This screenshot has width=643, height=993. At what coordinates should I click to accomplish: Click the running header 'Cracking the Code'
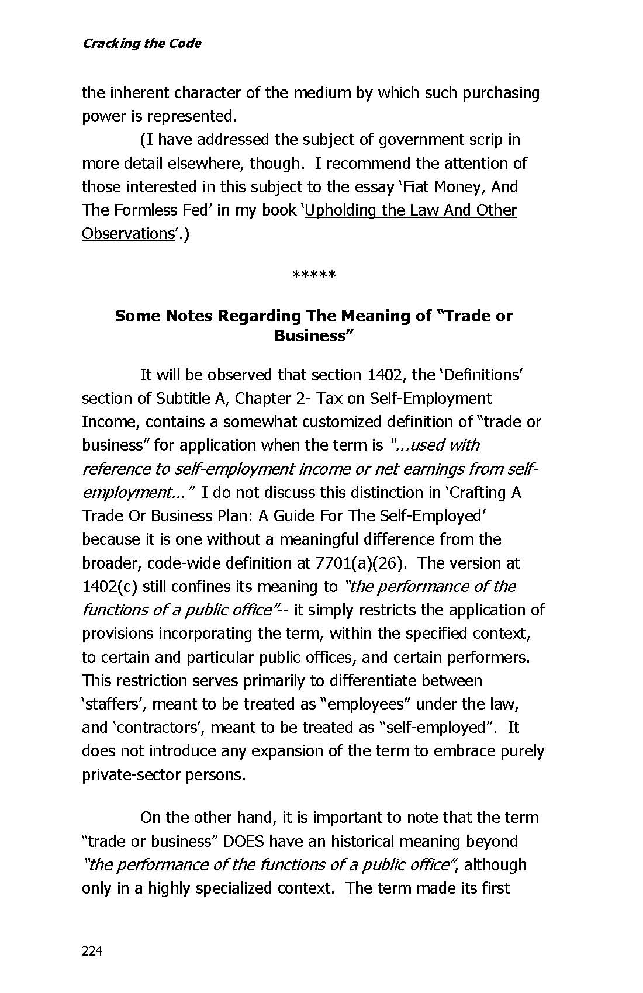pyautogui.click(x=141, y=44)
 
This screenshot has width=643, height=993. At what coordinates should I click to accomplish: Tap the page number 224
pyautogui.click(x=92, y=952)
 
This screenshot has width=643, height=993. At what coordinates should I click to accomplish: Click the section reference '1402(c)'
pyautogui.click(x=109, y=587)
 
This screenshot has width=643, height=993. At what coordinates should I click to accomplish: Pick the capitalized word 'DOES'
pyautogui.click(x=244, y=842)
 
